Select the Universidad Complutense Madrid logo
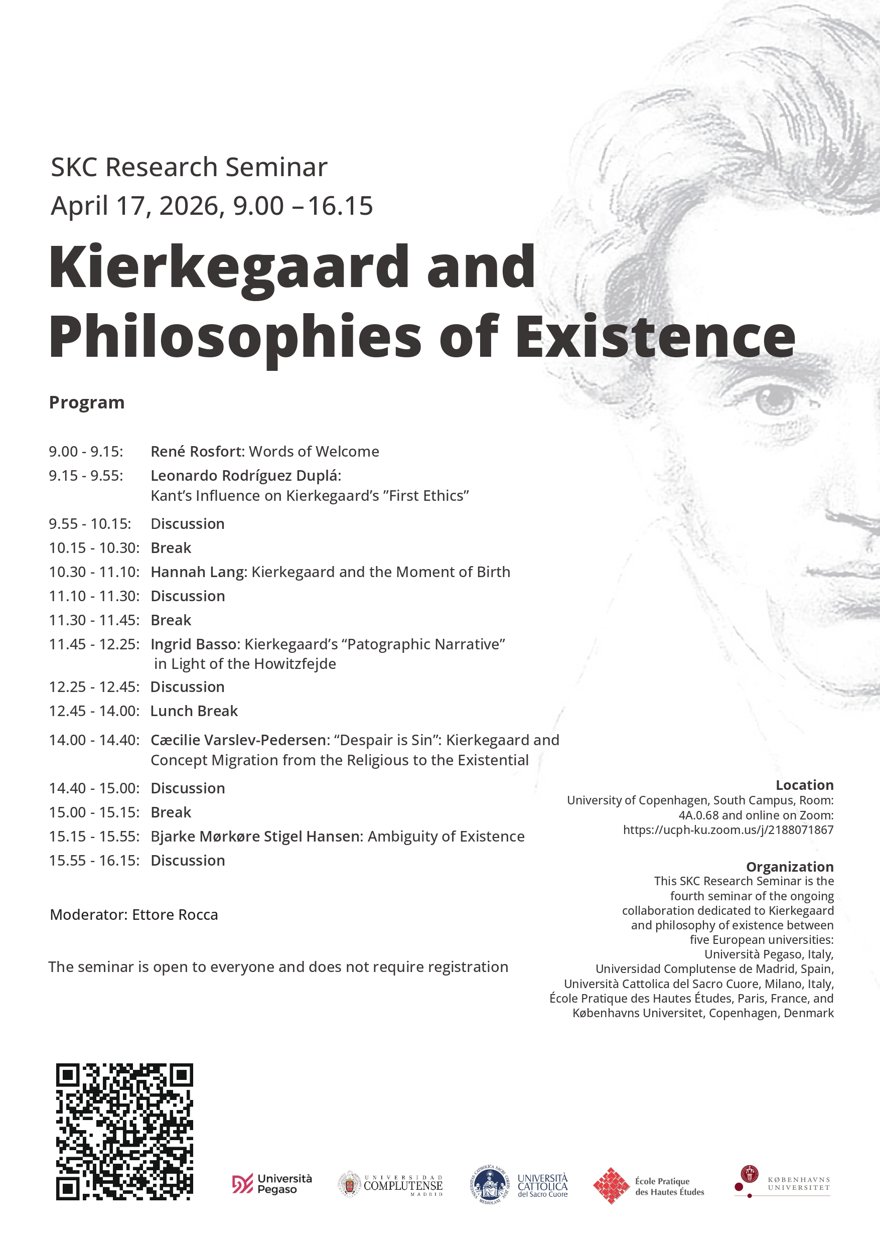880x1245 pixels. (x=391, y=1184)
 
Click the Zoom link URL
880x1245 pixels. (x=727, y=829)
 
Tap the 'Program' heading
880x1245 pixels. (x=87, y=402)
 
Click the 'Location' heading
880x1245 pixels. (x=804, y=785)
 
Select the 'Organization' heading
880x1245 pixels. (x=790, y=867)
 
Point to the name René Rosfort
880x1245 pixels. (x=197, y=451)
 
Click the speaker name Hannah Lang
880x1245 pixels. (x=197, y=572)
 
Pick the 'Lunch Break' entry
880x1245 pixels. (x=194, y=711)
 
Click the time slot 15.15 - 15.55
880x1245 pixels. (x=94, y=836)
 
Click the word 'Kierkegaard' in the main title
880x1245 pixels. (x=228, y=267)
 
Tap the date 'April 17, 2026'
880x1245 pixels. (x=134, y=206)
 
